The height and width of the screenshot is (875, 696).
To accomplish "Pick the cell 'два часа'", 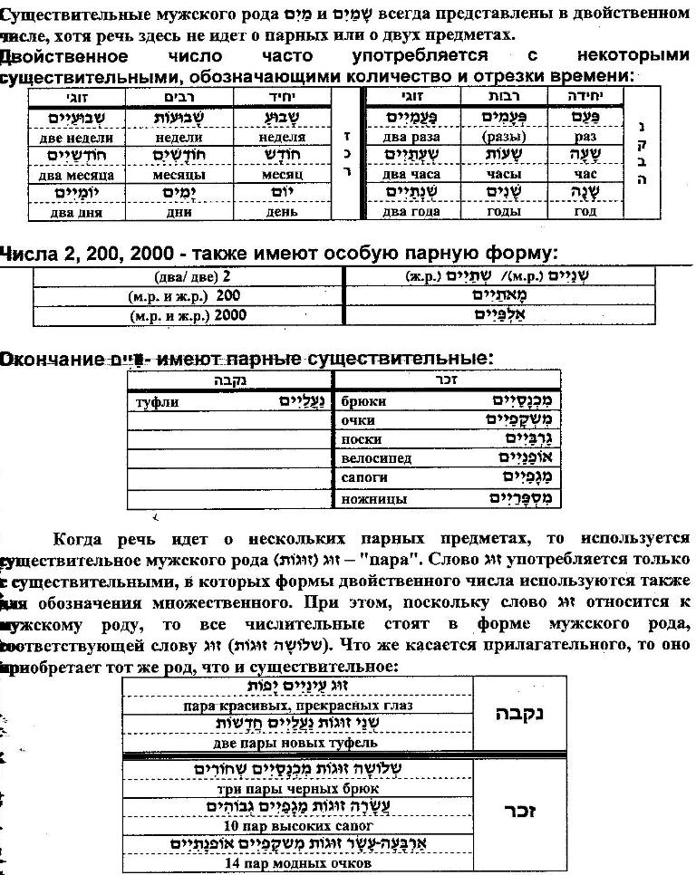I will [x=411, y=174].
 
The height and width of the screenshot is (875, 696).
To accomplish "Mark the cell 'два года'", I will [x=411, y=212].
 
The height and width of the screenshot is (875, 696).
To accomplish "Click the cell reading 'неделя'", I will [x=282, y=138].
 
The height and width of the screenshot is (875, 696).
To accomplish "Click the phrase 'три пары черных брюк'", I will [x=294, y=788].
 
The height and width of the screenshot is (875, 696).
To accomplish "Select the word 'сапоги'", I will [x=364, y=478].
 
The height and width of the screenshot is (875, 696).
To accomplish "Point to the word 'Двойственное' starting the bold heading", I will [x=63, y=56].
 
